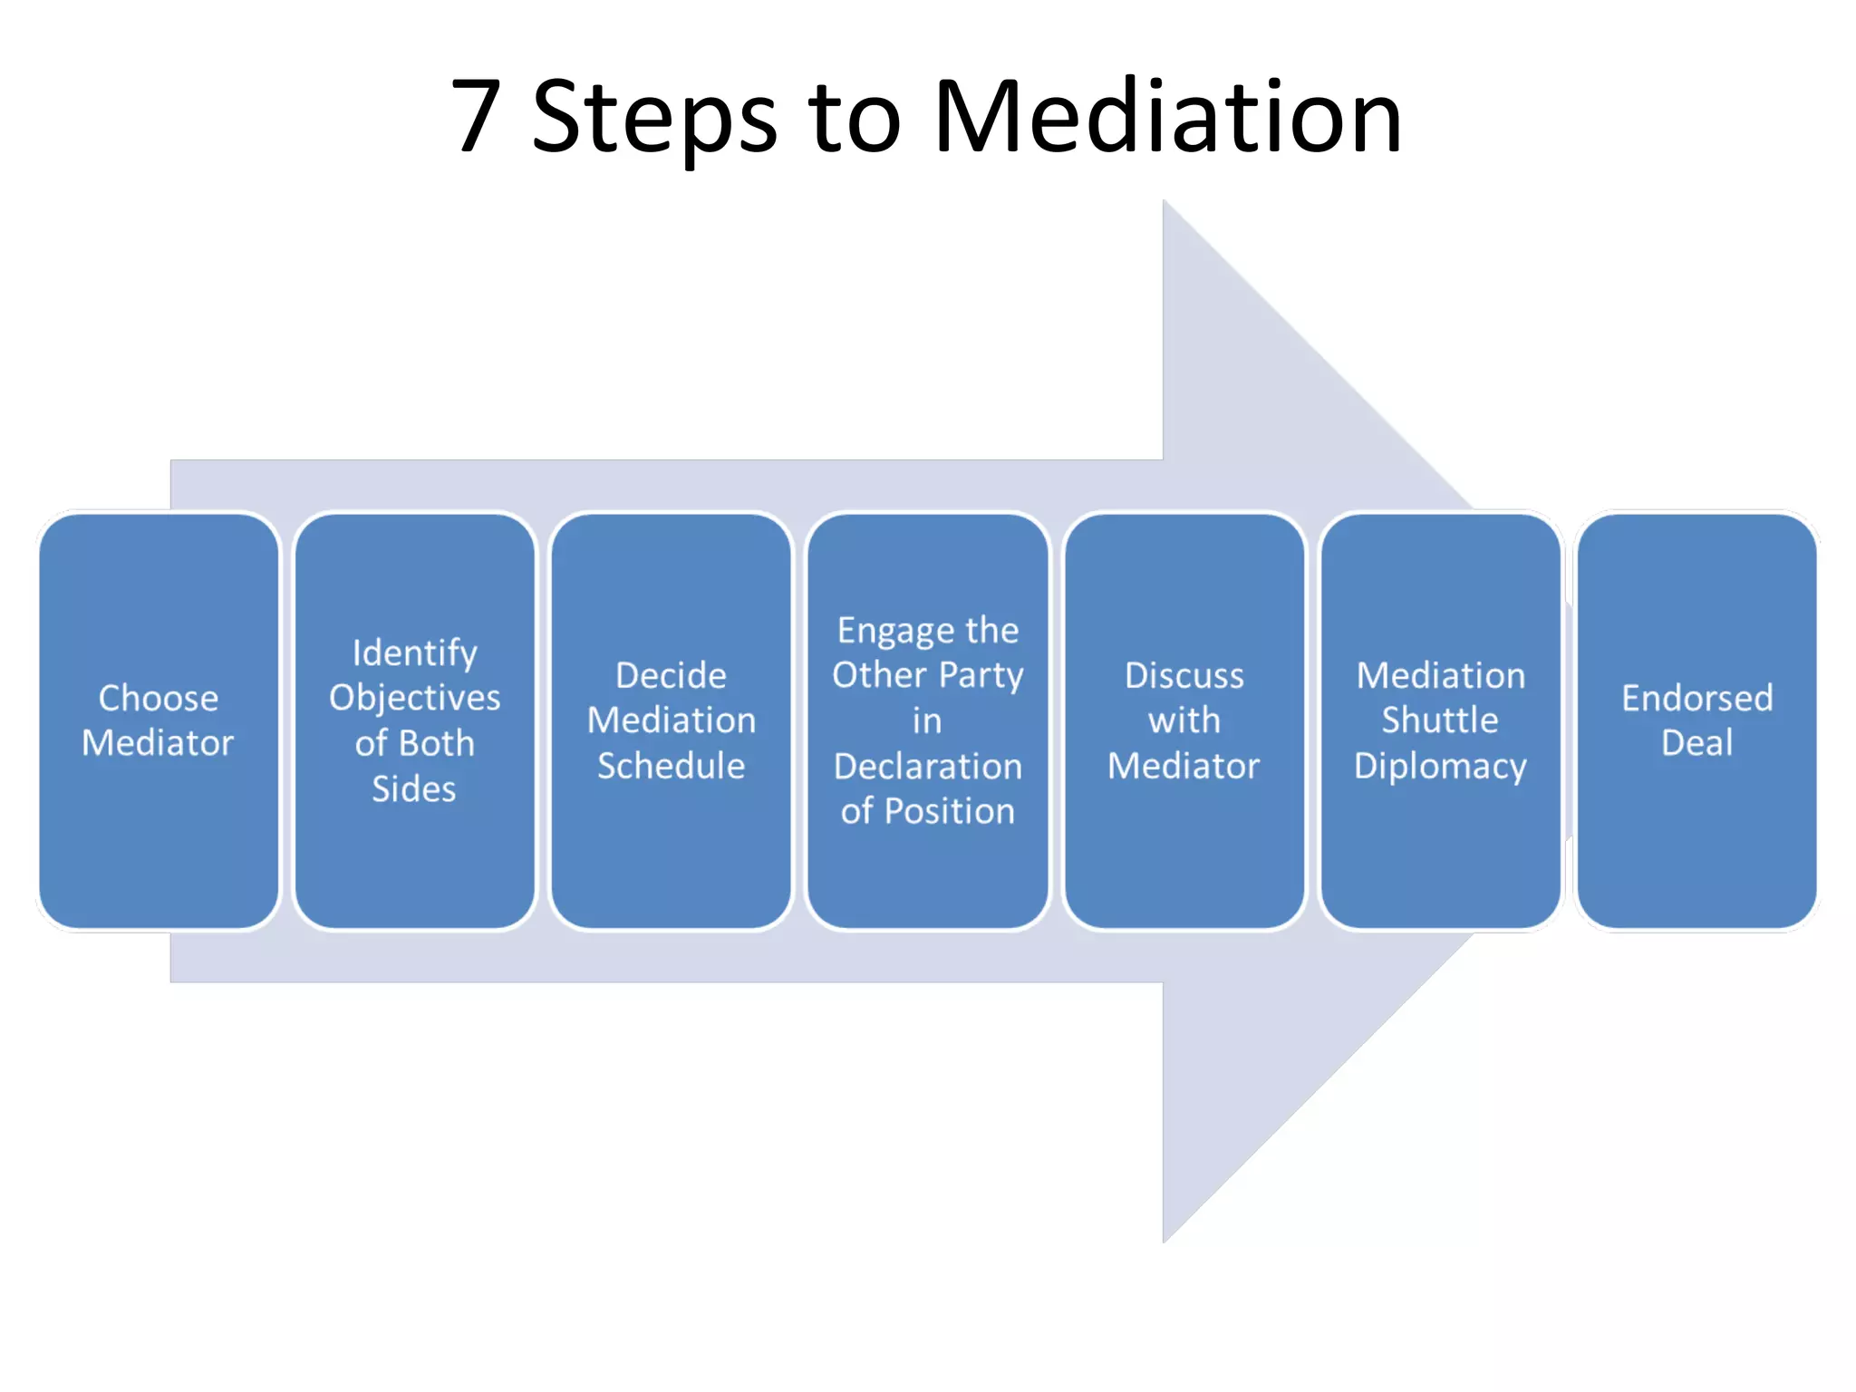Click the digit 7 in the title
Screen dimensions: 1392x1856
point(477,116)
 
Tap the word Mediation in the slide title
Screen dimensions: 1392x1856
point(1167,116)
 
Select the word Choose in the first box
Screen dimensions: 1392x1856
point(158,698)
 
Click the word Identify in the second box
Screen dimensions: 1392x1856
point(414,652)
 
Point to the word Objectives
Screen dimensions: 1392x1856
point(414,698)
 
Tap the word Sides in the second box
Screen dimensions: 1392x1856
point(414,788)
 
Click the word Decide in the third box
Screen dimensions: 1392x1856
point(671,675)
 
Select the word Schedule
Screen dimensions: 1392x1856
point(671,766)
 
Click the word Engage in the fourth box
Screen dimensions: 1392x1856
point(886,631)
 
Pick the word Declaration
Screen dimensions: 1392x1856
point(927,766)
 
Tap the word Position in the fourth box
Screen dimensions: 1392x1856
point(949,811)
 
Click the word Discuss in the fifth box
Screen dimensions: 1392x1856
point(1184,675)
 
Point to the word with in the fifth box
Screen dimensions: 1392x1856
point(1184,720)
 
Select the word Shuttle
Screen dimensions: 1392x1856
point(1440,720)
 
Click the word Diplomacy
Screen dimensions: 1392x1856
point(1440,767)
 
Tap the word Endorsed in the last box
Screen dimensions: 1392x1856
point(1696,698)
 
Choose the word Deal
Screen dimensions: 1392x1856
point(1696,743)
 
